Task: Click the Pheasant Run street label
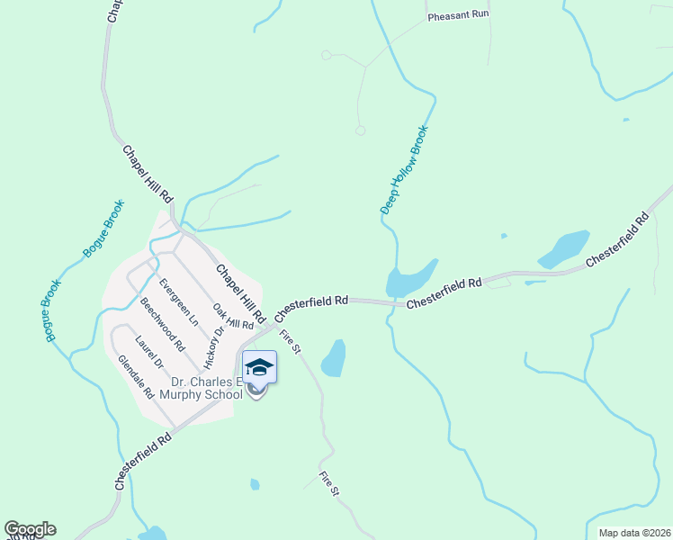[457, 16]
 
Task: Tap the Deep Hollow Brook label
[404, 169]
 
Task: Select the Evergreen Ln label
[179, 301]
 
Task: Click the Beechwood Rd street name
[162, 324]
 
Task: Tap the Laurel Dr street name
[149, 352]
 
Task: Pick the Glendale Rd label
[136, 376]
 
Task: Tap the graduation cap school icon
[259, 366]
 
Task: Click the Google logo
[30, 529]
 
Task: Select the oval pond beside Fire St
[334, 358]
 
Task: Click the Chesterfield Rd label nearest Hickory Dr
[311, 308]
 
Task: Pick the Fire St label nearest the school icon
[290, 341]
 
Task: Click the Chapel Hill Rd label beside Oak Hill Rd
[240, 294]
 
